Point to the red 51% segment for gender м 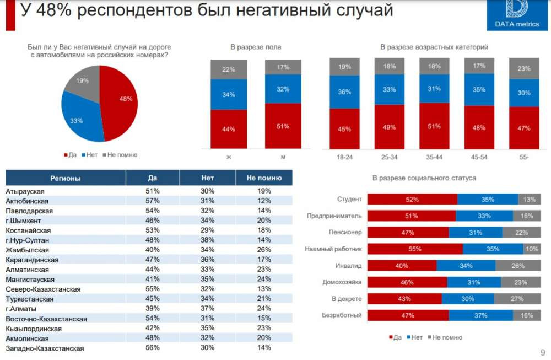[283, 126]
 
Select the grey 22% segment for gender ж [229, 69]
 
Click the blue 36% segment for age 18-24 [344, 92]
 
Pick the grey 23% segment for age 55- [524, 69]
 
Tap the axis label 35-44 [434, 157]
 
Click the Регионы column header [66, 178]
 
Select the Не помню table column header [264, 178]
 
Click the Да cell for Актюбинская [153, 201]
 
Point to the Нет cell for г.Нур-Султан [208, 240]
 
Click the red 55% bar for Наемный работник [414, 249]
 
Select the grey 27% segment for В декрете [517, 298]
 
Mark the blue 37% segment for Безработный [480, 315]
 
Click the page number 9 [542, 352]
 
